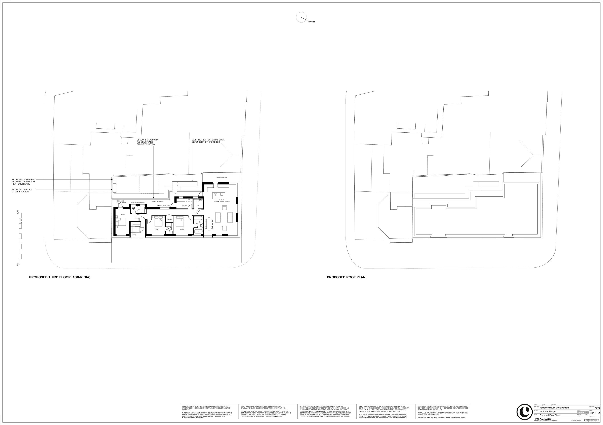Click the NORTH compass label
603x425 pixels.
(x=311, y=22)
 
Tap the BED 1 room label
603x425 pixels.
(x=182, y=229)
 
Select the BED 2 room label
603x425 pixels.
(x=157, y=229)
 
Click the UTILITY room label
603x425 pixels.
(x=184, y=206)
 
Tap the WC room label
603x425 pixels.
(x=198, y=205)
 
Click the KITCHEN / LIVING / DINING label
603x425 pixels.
(x=222, y=202)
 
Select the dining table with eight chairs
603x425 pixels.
(x=209, y=224)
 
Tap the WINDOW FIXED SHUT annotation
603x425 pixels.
(x=163, y=206)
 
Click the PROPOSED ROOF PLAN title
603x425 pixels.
(x=346, y=277)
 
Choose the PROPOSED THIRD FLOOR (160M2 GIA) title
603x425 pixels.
(x=60, y=277)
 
